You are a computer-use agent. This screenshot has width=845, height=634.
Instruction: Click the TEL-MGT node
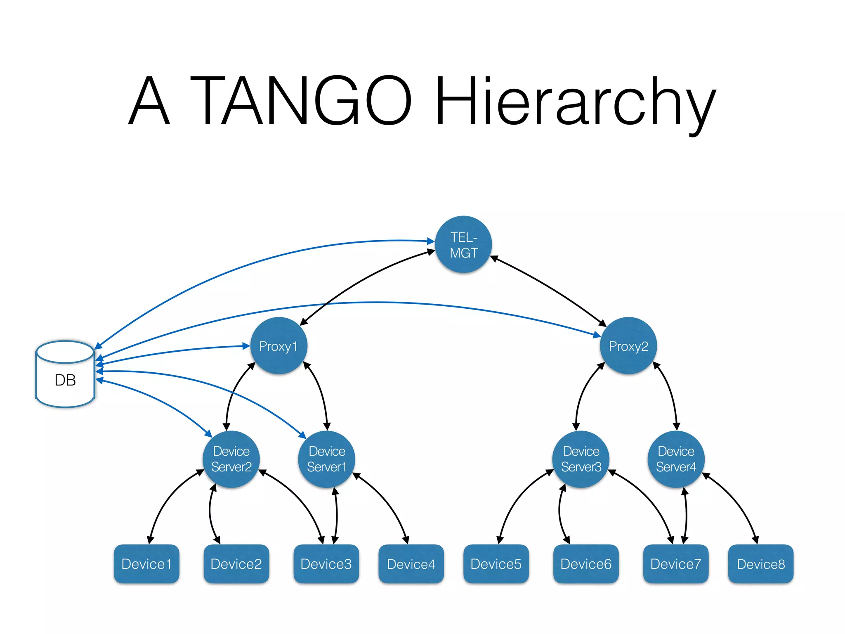coord(463,244)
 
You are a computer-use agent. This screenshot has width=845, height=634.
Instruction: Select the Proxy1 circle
coord(279,346)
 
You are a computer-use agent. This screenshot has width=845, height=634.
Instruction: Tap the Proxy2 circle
coord(628,346)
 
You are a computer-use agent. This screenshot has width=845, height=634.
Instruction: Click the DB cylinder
coord(65,375)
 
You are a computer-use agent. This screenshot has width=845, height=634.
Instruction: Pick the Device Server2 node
coord(231,459)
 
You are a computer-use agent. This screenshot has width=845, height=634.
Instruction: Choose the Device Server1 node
coord(326,459)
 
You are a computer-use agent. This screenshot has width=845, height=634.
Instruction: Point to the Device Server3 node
coord(581,459)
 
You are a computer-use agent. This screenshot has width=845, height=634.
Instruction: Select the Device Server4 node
coord(676,459)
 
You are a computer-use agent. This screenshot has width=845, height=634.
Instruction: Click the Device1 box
coord(146,564)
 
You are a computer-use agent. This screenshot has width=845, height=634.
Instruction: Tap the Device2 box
coord(236,564)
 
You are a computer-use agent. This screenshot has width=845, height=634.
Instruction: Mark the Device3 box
coord(326,564)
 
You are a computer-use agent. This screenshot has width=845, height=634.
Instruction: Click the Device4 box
coord(411,564)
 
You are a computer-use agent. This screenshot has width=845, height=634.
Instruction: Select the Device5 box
coord(496,564)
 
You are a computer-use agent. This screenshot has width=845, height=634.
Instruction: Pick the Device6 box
coord(586,564)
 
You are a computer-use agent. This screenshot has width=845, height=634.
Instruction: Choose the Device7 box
coord(675,564)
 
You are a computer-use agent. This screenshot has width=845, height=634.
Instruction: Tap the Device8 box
coord(760,564)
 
